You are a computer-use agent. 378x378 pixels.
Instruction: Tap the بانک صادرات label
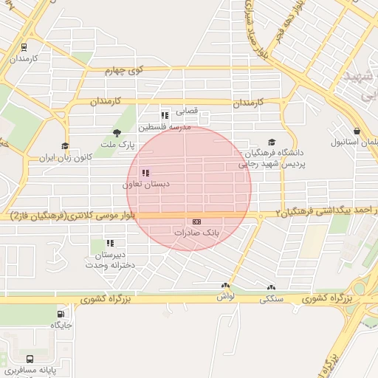tap(196, 232)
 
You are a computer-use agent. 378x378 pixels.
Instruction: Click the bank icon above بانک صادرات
tap(196, 221)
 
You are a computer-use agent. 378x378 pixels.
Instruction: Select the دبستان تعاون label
tap(145, 184)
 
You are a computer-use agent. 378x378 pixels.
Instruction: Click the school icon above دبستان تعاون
tap(145, 173)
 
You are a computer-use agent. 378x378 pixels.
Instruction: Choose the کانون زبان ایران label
tap(65, 157)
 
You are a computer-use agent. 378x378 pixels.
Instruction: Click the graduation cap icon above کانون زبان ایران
tap(65, 146)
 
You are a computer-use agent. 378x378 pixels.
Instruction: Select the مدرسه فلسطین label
tap(170, 126)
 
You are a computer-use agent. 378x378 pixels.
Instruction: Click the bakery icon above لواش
tap(225, 286)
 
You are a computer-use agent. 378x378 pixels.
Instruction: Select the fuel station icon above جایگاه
tap(61, 314)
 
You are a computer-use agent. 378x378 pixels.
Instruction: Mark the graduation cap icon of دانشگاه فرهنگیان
tap(272, 142)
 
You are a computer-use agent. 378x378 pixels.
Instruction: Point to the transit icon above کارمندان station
tap(24, 47)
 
